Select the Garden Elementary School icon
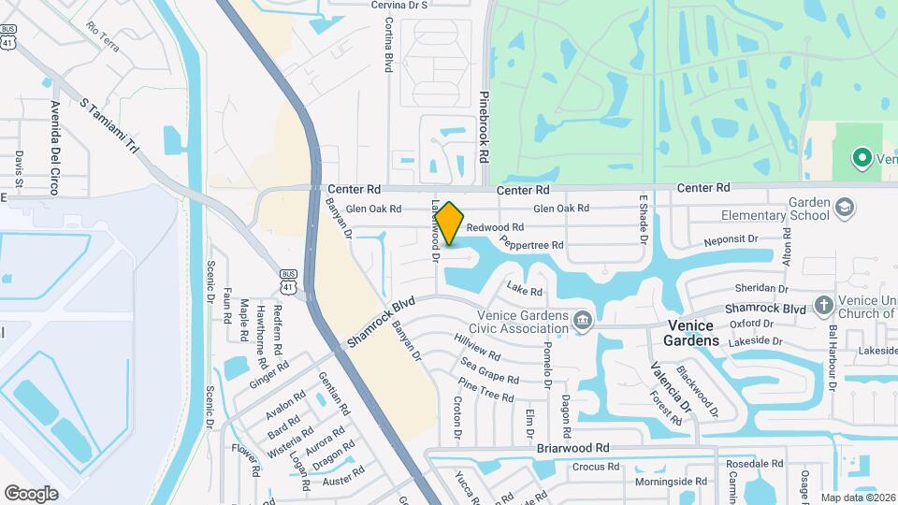pos(844,207)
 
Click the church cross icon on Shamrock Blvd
pos(823,305)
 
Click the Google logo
pos(31,493)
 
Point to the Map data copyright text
pos(856,498)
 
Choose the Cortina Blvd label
pos(387,46)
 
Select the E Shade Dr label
pos(644,219)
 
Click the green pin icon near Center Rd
pos(862,158)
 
